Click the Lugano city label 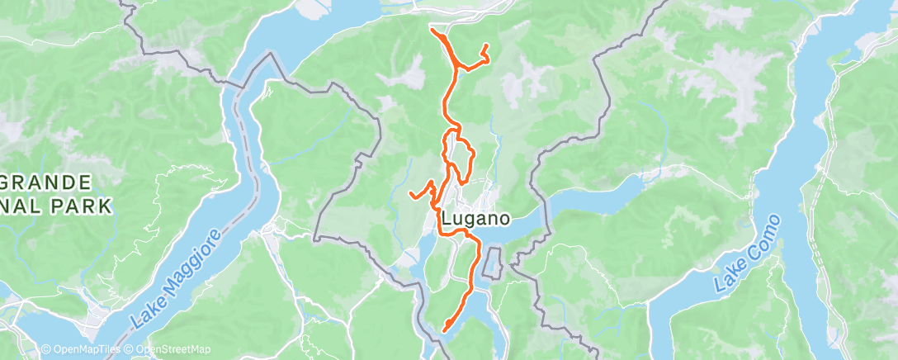click(x=476, y=219)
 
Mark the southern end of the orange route click(x=445, y=330)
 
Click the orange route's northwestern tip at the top click(x=432, y=31)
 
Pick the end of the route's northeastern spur click(x=485, y=45)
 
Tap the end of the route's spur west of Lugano click(x=411, y=194)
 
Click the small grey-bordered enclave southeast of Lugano click(x=494, y=263)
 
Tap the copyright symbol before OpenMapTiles click(x=46, y=349)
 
